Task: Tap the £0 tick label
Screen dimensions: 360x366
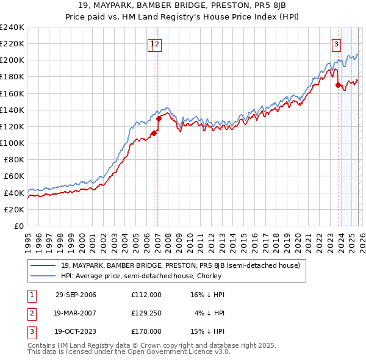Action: click(18, 226)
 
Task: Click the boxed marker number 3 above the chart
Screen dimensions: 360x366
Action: click(336, 43)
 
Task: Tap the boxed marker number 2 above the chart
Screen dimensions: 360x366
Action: click(157, 43)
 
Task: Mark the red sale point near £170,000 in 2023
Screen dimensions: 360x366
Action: click(338, 85)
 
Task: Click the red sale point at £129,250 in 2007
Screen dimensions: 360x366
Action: click(159, 118)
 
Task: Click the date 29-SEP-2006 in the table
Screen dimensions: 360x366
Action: click(76, 295)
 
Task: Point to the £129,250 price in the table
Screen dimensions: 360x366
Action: click(146, 313)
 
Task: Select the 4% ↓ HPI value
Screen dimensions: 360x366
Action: click(210, 313)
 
